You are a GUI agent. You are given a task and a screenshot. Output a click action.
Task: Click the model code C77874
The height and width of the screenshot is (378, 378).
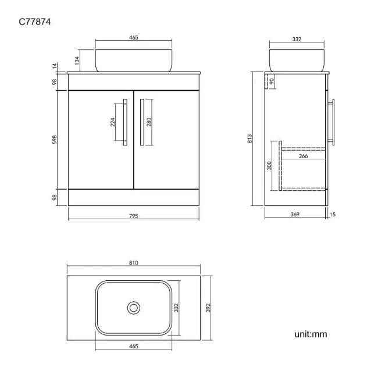tap(35, 22)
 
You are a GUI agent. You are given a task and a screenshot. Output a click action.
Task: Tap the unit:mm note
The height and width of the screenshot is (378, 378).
tap(311, 334)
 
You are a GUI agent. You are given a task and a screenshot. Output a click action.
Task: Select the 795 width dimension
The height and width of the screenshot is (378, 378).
tap(134, 216)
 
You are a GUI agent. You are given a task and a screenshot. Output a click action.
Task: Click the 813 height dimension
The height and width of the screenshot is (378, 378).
tap(249, 138)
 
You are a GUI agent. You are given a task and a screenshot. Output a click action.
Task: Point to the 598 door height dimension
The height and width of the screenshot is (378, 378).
tap(55, 140)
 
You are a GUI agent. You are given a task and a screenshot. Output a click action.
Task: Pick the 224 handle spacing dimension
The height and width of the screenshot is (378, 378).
tap(113, 122)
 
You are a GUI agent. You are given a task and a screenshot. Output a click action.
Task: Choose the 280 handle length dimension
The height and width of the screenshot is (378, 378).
tap(149, 122)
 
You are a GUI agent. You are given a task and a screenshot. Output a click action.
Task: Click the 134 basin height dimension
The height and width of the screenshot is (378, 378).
tap(77, 60)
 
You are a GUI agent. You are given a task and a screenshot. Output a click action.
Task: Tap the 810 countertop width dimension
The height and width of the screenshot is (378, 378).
tap(134, 263)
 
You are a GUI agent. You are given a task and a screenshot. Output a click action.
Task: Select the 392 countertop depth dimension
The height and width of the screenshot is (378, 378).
tap(208, 308)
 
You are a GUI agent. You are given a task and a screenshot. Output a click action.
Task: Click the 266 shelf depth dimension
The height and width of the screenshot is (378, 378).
tap(303, 156)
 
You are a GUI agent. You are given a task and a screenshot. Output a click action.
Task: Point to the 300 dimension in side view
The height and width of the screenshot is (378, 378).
tap(269, 166)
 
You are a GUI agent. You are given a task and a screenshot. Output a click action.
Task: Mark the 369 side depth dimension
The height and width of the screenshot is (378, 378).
tap(295, 215)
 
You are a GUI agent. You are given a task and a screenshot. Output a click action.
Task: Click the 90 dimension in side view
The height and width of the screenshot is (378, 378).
tap(272, 81)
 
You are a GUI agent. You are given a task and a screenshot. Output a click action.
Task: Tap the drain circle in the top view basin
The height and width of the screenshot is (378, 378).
tap(134, 308)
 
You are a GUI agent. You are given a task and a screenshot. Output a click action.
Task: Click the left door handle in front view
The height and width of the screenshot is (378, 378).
tap(125, 122)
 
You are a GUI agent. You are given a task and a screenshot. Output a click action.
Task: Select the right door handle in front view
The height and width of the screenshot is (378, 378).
tap(142, 122)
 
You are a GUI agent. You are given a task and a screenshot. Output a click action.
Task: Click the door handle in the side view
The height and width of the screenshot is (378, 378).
tap(331, 122)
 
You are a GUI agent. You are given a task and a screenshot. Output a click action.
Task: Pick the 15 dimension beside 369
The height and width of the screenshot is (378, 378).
tap(333, 215)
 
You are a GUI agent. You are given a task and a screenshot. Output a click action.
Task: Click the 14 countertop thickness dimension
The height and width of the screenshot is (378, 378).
tap(55, 66)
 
